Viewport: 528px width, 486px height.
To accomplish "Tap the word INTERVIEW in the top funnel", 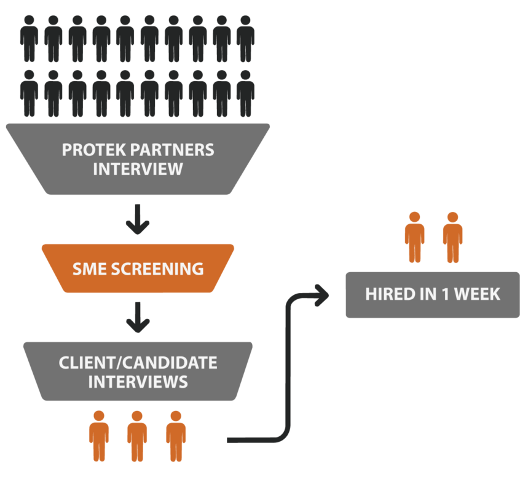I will pos(138,169).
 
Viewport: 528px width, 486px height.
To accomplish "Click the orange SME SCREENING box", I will pos(138,268).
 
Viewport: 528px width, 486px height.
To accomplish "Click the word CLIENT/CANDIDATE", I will pos(138,363).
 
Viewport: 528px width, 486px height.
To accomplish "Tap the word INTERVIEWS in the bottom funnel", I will pos(138,382).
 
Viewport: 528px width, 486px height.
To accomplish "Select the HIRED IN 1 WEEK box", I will pos(432,294).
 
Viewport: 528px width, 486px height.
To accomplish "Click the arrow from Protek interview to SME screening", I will pos(138,221).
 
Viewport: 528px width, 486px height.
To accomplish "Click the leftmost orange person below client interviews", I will pos(99,435).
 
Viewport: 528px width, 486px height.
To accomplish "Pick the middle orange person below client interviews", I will pos(137,435).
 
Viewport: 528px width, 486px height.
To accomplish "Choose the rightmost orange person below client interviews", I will pos(176,435).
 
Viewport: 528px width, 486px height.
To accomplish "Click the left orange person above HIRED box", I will pos(415,237).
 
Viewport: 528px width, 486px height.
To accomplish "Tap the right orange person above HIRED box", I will pos(452,237).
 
